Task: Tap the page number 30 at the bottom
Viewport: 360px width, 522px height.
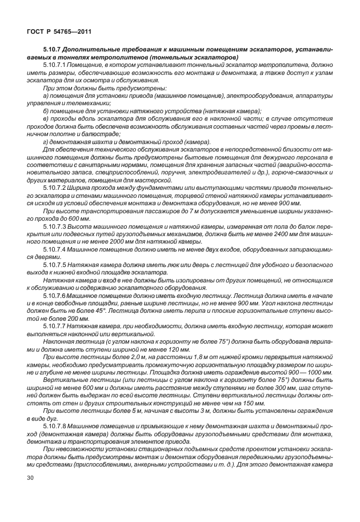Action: (27, 495)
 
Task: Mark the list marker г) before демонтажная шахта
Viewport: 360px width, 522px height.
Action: (46, 142)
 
